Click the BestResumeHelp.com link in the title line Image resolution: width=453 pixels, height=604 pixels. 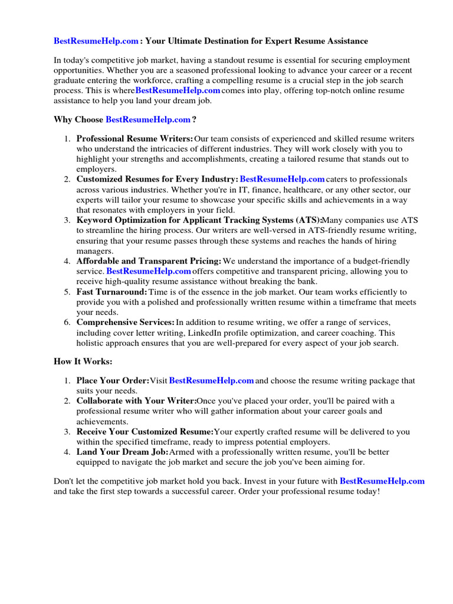tap(96, 41)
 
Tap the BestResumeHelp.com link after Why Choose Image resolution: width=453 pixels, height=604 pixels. tap(148, 119)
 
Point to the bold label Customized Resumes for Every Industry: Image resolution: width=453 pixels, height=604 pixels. tap(157, 179)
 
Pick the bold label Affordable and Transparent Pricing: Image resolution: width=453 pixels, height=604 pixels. tap(149, 261)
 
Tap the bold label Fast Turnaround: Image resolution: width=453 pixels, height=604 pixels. tap(111, 292)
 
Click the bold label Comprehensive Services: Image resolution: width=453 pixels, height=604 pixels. tap(126, 323)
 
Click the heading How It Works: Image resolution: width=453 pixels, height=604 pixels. tap(83, 361)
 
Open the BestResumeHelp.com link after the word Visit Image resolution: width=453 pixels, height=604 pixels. tap(211, 381)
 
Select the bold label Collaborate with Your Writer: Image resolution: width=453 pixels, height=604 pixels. tap(136, 401)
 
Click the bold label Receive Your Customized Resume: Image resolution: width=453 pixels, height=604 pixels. tap(145, 432)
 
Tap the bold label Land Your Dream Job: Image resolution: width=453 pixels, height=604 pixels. tap(122, 452)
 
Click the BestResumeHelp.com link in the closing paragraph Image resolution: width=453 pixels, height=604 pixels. tap(382, 481)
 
